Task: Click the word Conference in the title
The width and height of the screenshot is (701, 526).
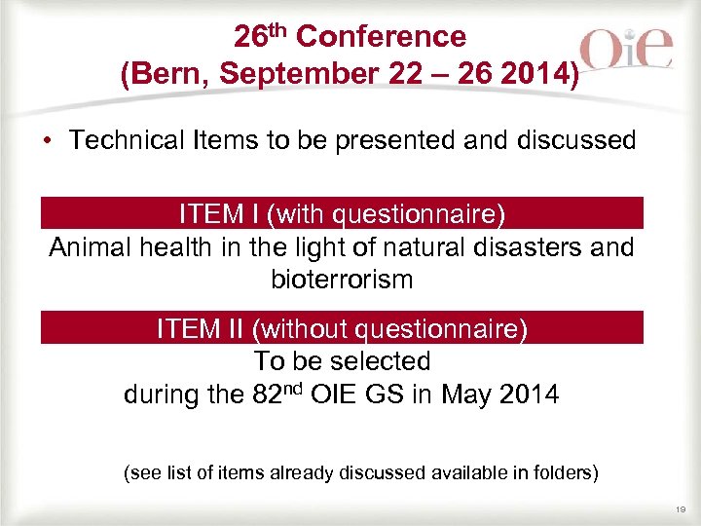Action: (x=381, y=37)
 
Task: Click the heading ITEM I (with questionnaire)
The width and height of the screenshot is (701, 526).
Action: (x=342, y=213)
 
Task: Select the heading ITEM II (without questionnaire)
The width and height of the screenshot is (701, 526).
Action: (x=342, y=329)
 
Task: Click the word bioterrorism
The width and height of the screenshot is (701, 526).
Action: (x=342, y=281)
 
